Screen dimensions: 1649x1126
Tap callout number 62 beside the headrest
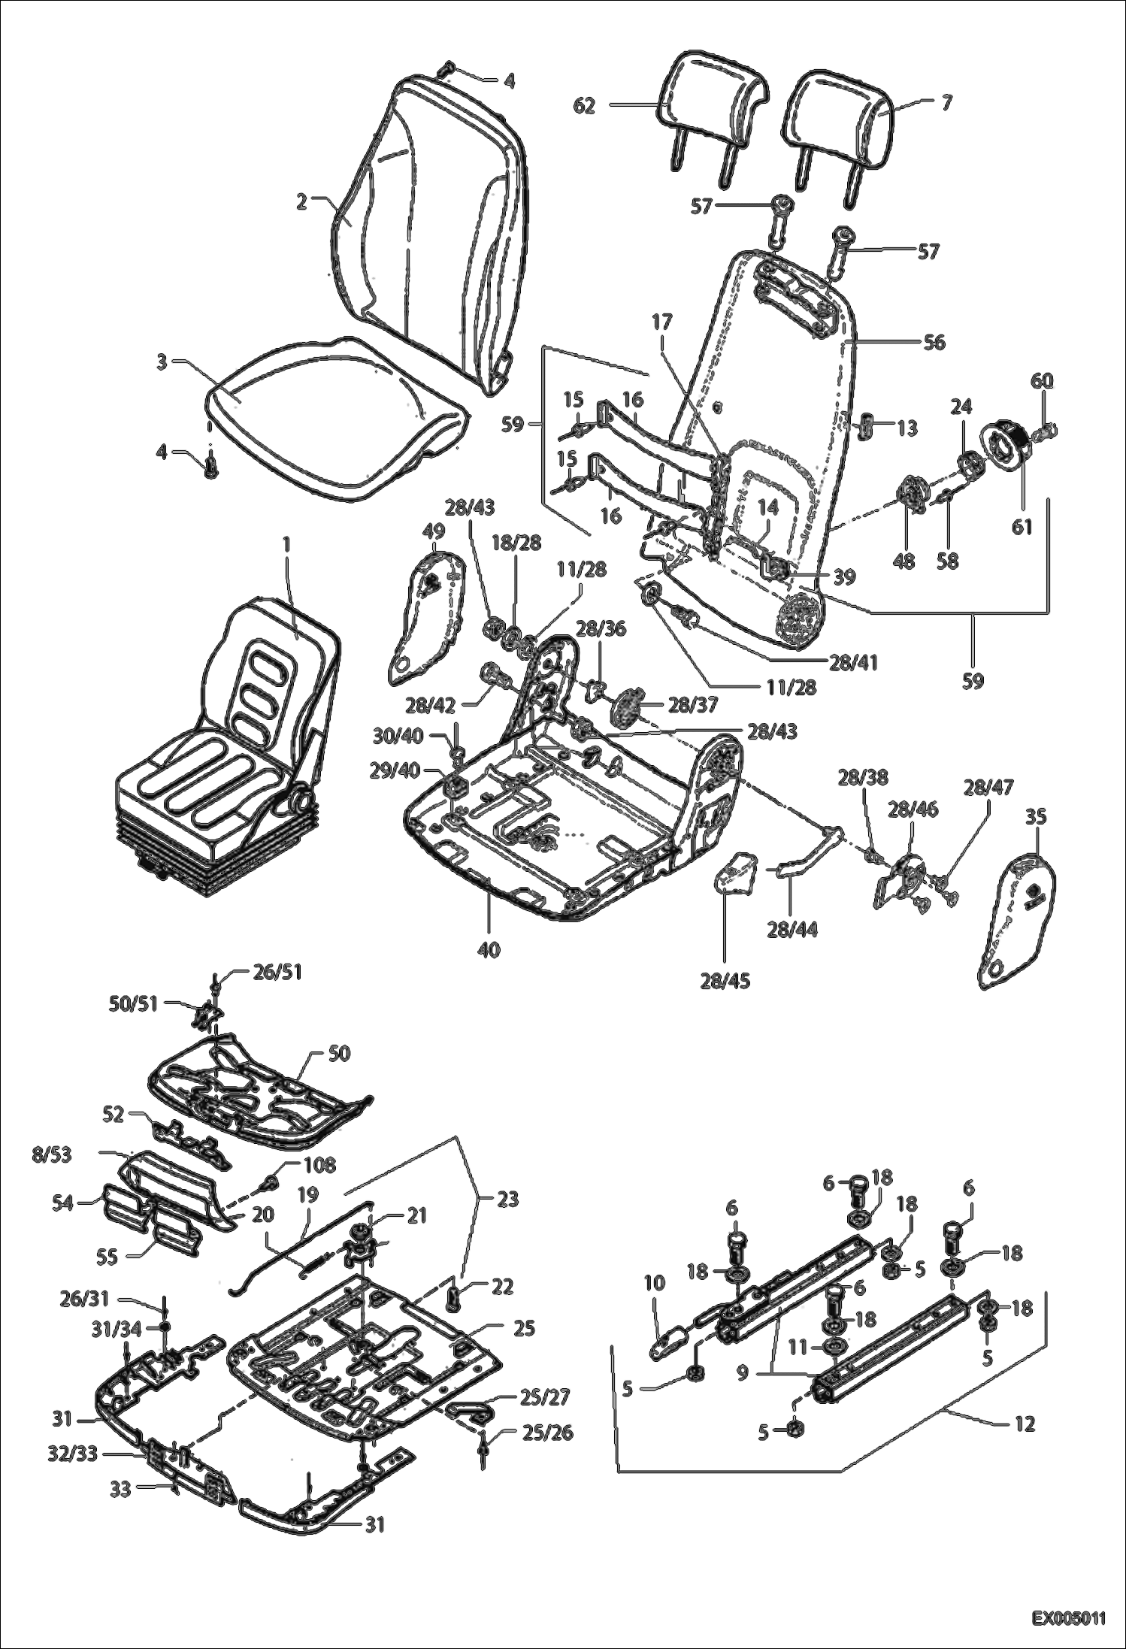point(584,106)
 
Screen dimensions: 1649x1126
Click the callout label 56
point(934,343)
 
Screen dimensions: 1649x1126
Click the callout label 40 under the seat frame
point(489,950)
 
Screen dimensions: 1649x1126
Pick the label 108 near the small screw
point(319,1166)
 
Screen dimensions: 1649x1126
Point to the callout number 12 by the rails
point(1024,1423)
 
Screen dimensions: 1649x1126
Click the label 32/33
point(72,1454)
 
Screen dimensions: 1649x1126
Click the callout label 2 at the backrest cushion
point(301,201)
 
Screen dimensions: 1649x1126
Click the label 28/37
point(692,705)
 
